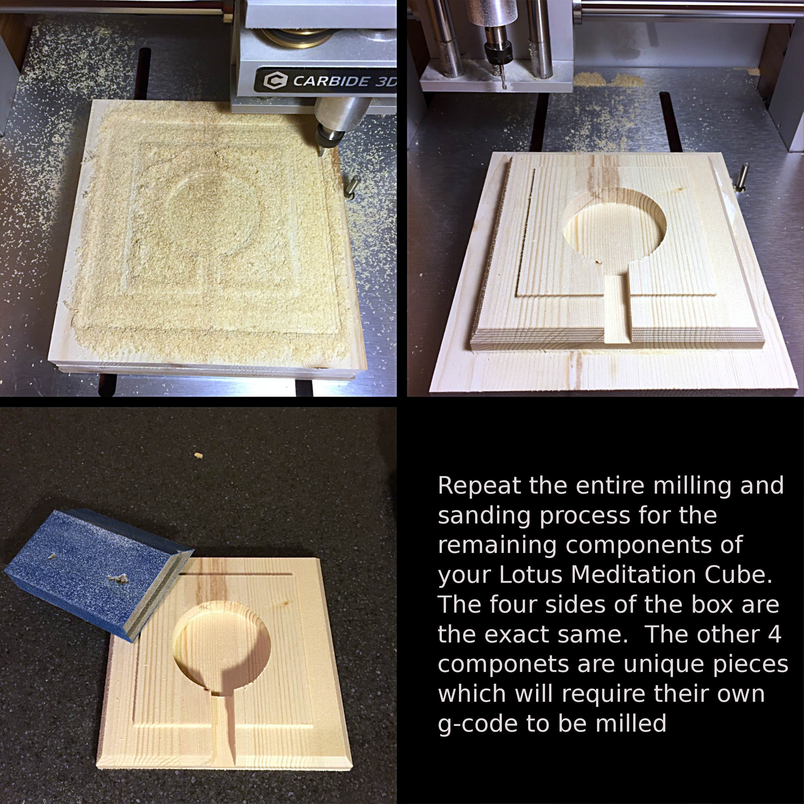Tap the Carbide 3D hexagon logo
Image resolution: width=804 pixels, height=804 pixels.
[x=275, y=80]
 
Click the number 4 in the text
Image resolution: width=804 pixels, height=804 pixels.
[x=774, y=634]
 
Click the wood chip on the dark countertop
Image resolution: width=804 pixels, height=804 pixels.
[x=199, y=455]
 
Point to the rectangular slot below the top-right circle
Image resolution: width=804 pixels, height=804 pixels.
[x=617, y=308]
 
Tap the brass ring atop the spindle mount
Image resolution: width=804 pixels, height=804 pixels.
[x=297, y=37]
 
